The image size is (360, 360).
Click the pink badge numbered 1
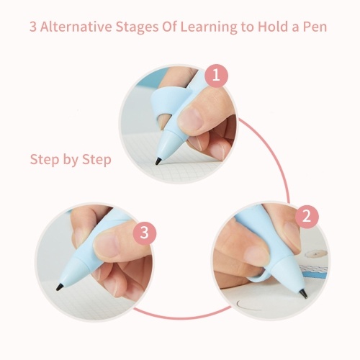[x=216, y=76]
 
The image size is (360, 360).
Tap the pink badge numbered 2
[x=307, y=217]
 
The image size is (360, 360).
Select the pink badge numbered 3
[x=145, y=233]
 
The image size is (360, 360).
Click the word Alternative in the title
[x=76, y=27]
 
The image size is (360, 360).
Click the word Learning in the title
[x=209, y=27]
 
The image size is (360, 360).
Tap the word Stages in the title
[x=137, y=27]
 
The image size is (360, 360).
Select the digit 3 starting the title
[x=33, y=27]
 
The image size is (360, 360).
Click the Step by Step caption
[x=71, y=160]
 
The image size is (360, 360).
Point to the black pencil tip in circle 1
[x=158, y=161]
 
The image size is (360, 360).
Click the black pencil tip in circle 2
[x=304, y=294]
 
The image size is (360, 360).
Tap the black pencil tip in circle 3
[x=60, y=287]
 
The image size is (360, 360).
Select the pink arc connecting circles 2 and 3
[x=182, y=316]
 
